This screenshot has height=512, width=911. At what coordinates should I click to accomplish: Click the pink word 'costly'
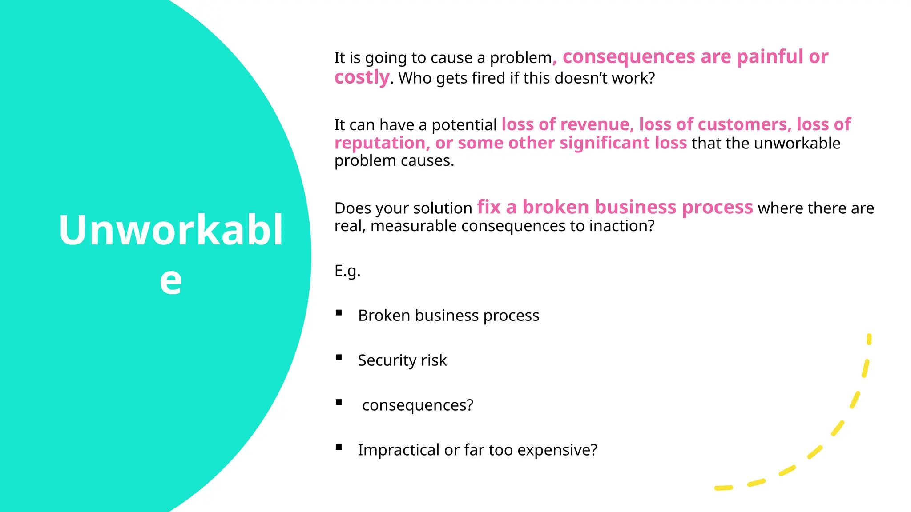point(362,77)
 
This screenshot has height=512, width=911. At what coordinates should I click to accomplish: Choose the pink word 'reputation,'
point(382,143)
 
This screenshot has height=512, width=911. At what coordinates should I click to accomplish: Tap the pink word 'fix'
point(489,208)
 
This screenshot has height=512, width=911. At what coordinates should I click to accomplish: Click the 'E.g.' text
point(347,271)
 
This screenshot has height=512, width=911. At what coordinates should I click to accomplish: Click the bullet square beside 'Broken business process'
point(339,313)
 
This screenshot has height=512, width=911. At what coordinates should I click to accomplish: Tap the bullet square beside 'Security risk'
point(339,357)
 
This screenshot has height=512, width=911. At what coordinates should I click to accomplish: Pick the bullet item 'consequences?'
point(417,405)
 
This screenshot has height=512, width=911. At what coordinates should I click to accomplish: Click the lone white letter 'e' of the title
point(171,281)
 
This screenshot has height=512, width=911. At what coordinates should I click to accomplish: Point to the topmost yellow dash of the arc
point(869,339)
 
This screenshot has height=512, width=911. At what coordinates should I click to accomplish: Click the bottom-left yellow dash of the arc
point(723,488)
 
